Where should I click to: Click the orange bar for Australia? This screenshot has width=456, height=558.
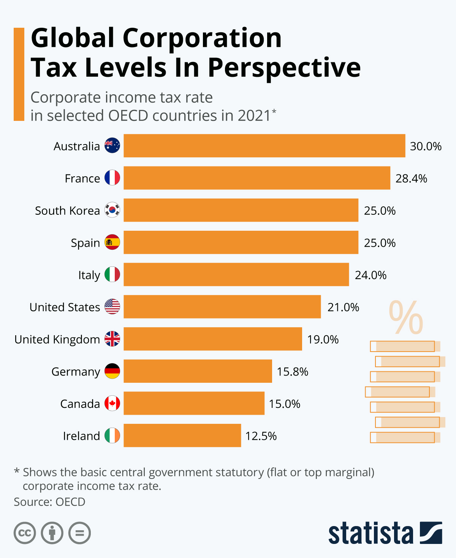tap(264, 146)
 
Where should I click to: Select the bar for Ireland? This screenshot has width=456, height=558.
tap(182, 435)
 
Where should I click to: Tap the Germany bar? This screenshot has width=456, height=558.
tap(198, 371)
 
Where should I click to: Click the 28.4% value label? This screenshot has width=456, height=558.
tap(411, 178)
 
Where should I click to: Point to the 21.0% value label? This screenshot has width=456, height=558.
tap(343, 307)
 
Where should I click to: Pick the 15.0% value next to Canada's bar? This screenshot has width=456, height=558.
tap(285, 404)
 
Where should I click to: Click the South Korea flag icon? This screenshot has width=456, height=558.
tap(112, 210)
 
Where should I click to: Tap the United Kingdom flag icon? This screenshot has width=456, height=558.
tap(112, 339)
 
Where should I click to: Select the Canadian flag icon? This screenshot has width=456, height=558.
tap(112, 403)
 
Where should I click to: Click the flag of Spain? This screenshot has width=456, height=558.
tap(112, 242)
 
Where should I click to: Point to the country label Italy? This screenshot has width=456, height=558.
tap(89, 275)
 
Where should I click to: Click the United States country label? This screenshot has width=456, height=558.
tap(65, 307)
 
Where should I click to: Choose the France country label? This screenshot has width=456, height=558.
tap(82, 178)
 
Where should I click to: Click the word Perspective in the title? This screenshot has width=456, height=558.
tap(284, 68)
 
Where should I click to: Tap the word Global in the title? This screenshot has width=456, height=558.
tap(73, 38)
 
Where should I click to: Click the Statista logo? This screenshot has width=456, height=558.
tap(385, 533)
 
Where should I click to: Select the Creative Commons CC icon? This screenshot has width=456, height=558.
tap(25, 533)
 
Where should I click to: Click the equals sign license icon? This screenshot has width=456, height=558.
tap(79, 533)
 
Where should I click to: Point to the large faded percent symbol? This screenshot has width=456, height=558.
tap(405, 317)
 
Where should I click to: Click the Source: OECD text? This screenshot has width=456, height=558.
tap(49, 502)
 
